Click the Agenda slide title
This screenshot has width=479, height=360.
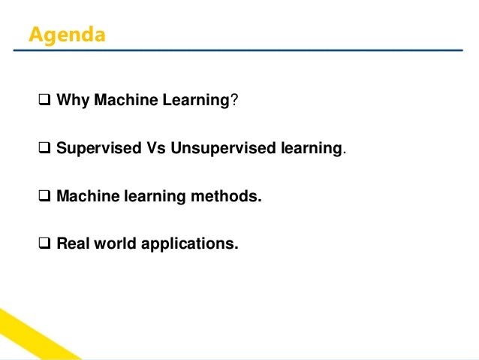click(67, 35)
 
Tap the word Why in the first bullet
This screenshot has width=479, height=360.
click(72, 101)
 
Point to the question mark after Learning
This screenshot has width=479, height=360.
click(233, 101)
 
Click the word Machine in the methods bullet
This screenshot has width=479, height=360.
click(86, 198)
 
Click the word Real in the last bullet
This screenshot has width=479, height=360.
click(71, 244)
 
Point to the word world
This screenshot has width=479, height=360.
click(112, 244)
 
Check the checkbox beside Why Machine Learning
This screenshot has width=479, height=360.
click(43, 101)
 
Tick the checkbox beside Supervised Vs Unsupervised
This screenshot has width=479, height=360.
click(43, 148)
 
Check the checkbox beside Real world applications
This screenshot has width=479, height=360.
click(43, 244)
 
